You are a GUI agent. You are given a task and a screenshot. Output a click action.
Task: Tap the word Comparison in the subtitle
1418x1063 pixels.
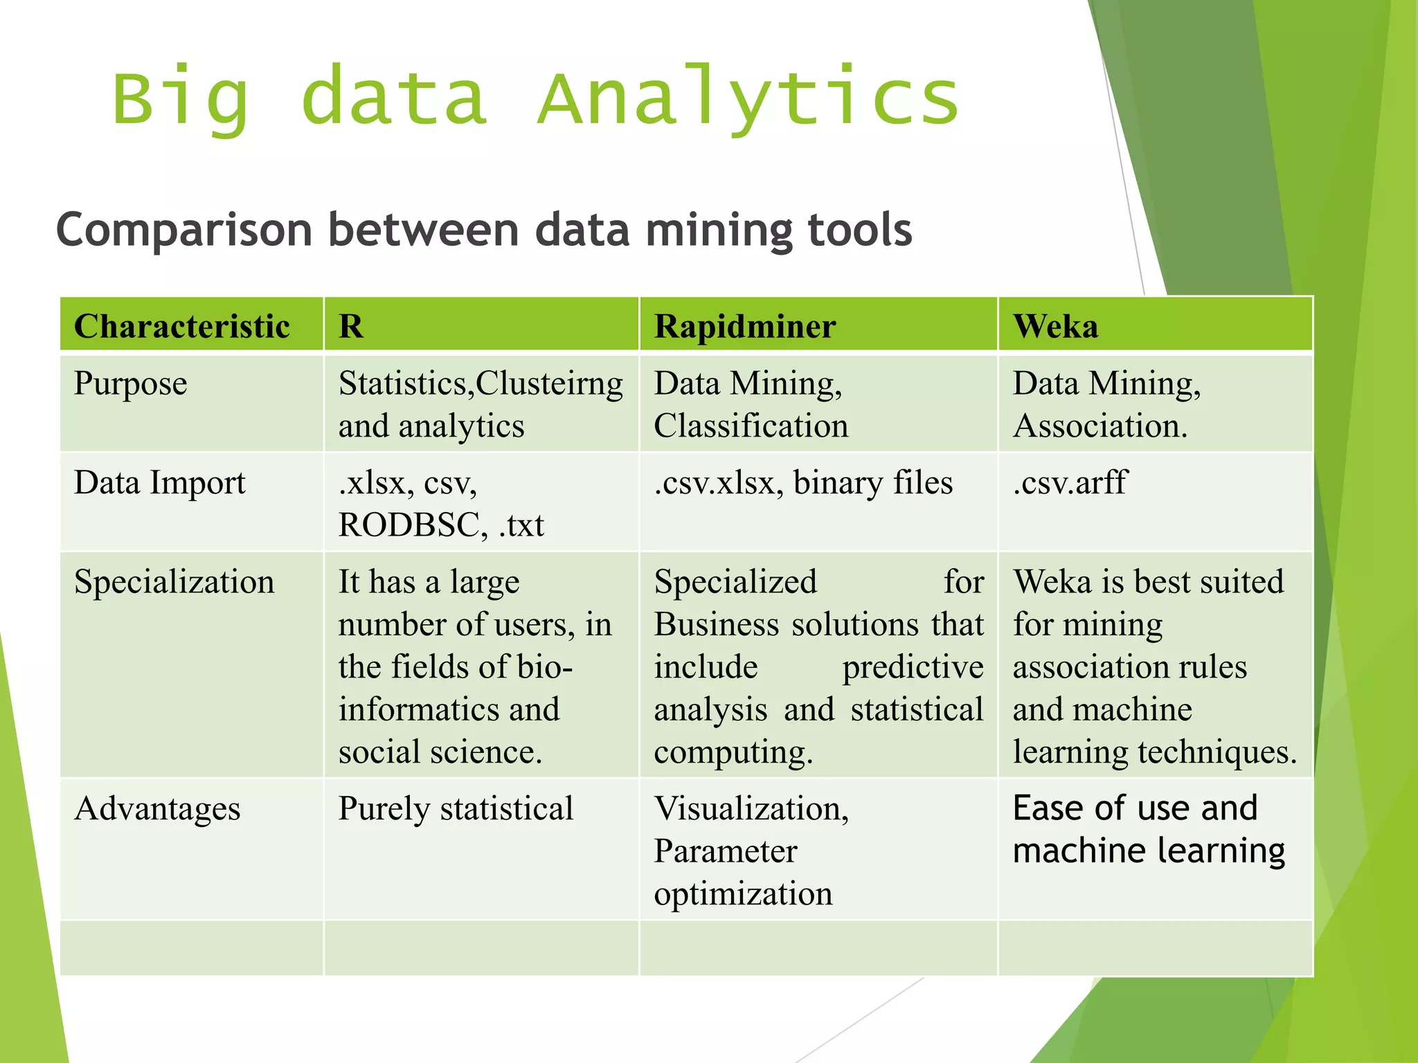[x=184, y=230]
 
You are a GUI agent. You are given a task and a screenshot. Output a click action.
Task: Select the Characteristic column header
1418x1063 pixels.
[x=182, y=326]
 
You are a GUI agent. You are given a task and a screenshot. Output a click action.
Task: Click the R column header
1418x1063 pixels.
[x=351, y=326]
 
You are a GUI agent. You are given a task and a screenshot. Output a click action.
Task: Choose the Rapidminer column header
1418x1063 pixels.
[x=745, y=326]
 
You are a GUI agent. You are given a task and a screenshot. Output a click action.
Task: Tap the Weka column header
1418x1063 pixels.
[x=1055, y=326]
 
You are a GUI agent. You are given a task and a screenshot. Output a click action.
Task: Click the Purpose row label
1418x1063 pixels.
[x=130, y=383]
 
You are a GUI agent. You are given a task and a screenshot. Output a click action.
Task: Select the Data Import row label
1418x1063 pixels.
[x=159, y=483]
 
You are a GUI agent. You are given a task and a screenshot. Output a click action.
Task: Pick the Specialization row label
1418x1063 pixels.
[x=174, y=582]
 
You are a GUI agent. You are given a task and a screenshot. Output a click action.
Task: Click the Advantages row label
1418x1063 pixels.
[x=157, y=809]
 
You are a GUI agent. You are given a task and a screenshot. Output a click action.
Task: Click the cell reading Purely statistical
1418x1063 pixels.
[x=456, y=809]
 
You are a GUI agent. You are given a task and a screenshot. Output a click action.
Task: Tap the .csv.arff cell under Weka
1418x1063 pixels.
[x=1070, y=483]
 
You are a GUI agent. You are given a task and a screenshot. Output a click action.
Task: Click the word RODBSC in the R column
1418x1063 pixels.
[x=409, y=525]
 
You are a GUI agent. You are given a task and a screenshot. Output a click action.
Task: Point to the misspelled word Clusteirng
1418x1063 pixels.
[x=549, y=383]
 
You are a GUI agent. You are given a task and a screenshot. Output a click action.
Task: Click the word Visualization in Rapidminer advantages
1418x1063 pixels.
[x=751, y=809]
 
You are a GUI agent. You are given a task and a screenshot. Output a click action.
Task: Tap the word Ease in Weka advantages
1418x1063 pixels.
[x=1047, y=808]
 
